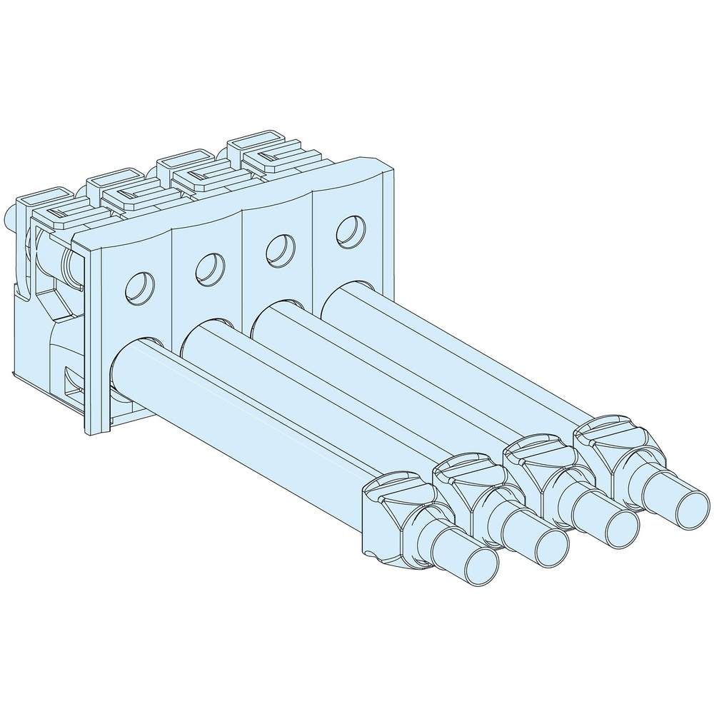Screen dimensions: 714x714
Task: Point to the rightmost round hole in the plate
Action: pos(348,229)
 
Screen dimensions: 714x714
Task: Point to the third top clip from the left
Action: pos(193,169)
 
